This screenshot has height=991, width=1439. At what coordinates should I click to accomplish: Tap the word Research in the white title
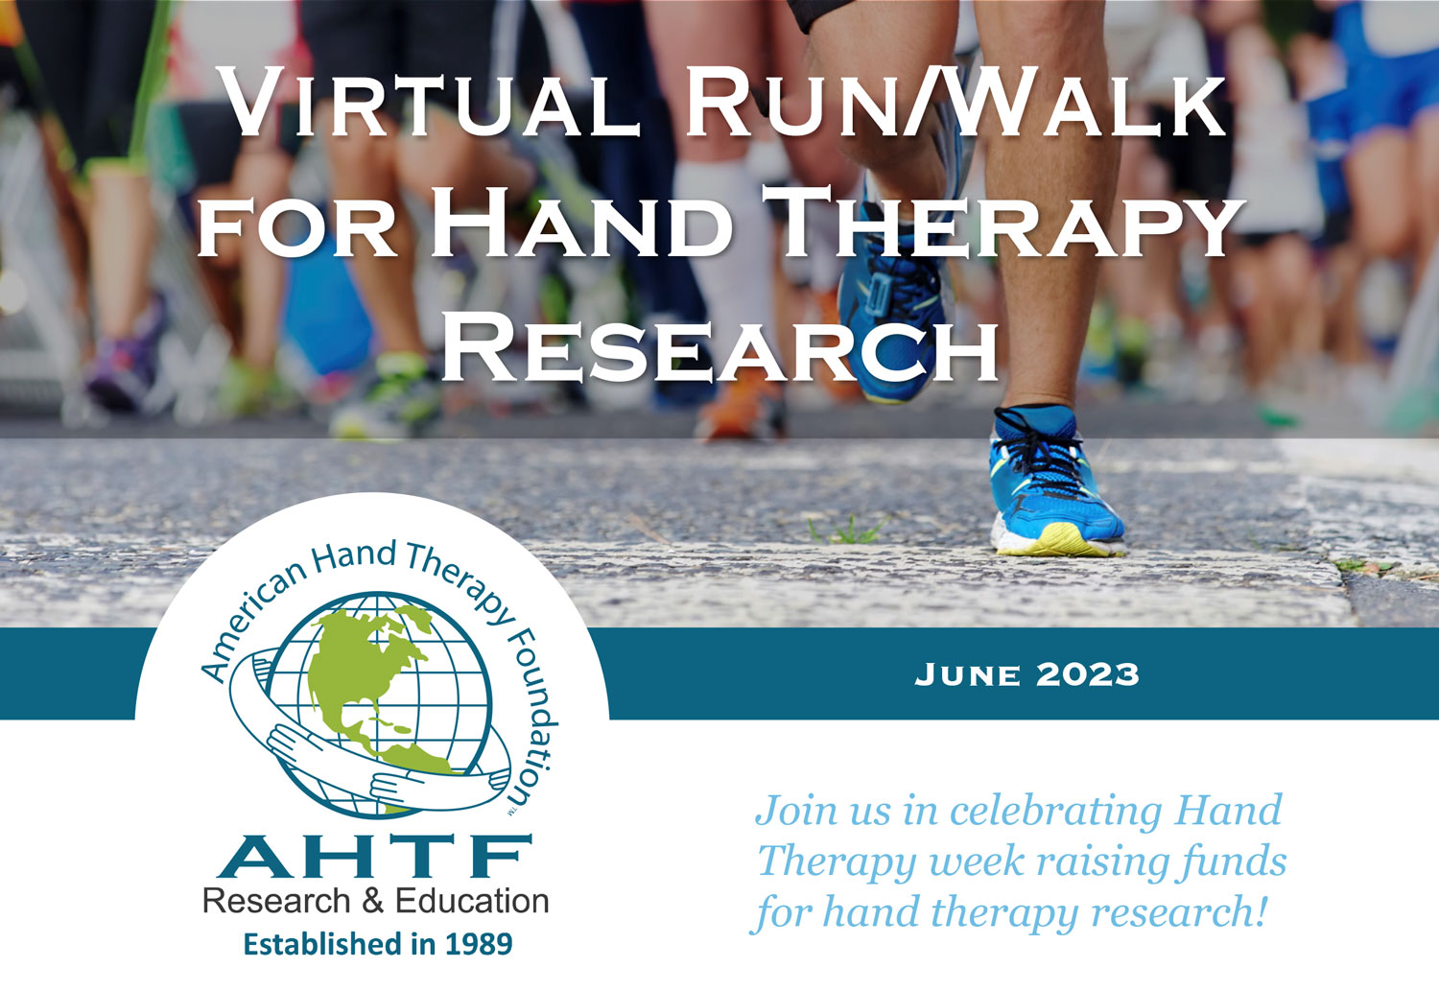click(720, 347)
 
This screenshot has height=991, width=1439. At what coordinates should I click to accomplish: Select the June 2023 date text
click(1026, 674)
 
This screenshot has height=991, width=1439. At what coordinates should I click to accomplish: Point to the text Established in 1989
click(378, 944)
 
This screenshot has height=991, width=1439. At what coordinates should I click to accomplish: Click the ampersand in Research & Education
click(372, 901)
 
